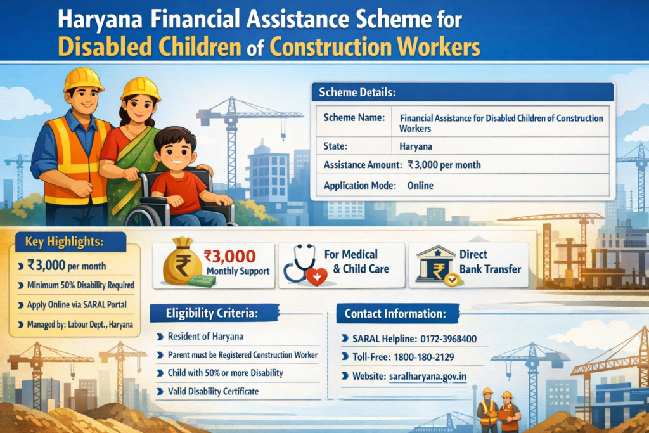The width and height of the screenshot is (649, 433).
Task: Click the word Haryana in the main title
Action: click(100, 20)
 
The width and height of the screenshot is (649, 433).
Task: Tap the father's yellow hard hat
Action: click(83, 79)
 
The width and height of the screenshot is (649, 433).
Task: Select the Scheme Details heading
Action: click(357, 93)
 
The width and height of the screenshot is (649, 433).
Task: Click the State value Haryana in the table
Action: click(416, 146)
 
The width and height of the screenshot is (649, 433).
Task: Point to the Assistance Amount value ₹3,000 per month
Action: click(444, 165)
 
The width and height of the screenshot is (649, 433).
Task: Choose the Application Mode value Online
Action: click(420, 186)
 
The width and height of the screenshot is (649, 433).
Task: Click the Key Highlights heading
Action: click(64, 242)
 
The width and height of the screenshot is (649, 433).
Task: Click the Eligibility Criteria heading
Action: click(212, 313)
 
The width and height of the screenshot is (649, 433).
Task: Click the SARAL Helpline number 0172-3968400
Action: click(448, 339)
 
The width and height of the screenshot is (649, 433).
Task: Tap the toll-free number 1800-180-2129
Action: click(424, 357)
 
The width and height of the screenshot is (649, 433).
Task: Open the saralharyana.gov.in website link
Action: click(428, 377)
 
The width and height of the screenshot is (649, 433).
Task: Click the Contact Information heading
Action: click(395, 314)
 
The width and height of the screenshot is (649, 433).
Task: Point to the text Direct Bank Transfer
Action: click(490, 262)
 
